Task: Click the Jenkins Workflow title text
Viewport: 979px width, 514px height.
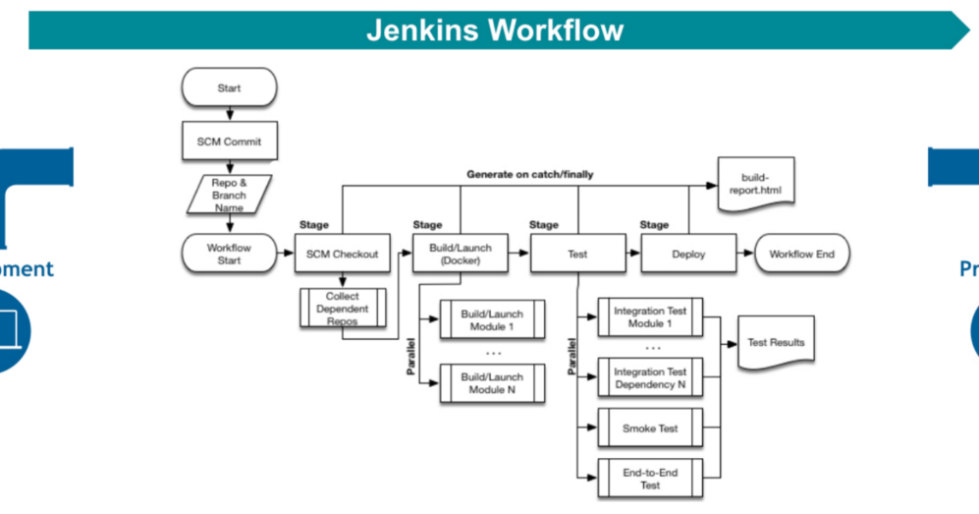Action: [495, 29]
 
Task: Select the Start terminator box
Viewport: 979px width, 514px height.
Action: [229, 88]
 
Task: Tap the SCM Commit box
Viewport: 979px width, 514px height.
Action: [229, 142]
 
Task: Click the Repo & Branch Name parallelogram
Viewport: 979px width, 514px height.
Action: [229, 194]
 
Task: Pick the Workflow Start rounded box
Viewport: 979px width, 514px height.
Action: [229, 254]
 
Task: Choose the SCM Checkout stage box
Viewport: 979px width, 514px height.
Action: [342, 254]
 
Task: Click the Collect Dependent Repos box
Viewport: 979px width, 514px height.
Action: [342, 309]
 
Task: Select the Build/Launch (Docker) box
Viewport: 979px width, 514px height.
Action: [460, 254]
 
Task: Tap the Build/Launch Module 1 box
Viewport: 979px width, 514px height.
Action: [492, 320]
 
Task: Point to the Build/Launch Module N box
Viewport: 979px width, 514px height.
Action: [492, 383]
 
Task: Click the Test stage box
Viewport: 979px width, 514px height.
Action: [577, 254]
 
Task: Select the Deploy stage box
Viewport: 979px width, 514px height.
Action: [688, 254]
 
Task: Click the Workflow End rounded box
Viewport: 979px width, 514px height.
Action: [801, 254]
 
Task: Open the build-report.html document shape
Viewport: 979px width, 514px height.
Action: [754, 184]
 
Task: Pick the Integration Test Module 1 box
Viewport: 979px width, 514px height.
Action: [650, 317]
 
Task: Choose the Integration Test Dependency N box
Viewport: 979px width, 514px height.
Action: [650, 378]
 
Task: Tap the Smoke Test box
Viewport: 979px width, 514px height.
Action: [650, 428]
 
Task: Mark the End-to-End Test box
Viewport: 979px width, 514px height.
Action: [650, 479]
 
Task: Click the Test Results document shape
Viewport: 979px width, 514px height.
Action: [776, 343]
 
